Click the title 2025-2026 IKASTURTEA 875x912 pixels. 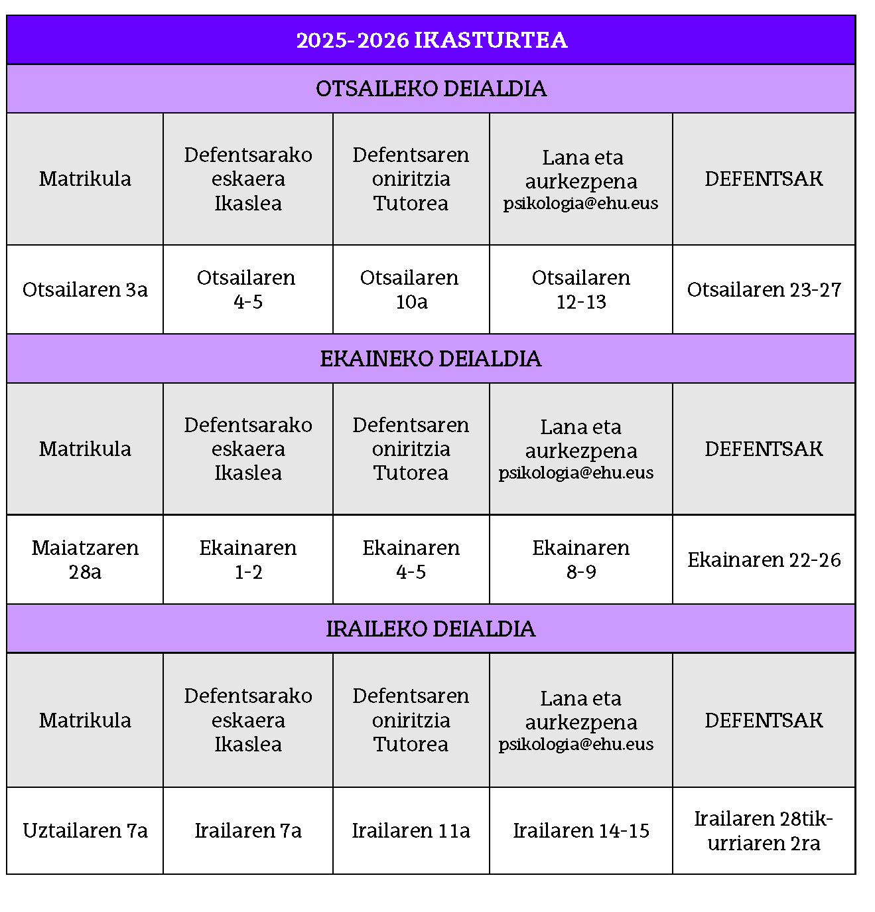(431, 40)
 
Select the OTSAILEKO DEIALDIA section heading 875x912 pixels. (431, 88)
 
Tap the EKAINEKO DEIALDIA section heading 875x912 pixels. (431, 358)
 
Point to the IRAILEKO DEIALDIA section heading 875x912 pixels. (431, 629)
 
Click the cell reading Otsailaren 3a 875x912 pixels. (85, 289)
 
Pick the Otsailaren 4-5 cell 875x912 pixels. (247, 289)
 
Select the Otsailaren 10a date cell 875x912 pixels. (411, 289)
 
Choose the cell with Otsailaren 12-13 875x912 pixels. (581, 289)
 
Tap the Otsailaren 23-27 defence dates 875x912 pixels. (764, 289)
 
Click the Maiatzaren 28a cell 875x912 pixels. (85, 560)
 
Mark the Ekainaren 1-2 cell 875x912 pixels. (247, 560)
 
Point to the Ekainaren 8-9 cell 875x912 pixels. (581, 560)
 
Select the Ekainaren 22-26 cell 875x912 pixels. (764, 560)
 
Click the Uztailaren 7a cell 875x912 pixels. (85, 830)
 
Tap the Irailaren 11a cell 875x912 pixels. (411, 830)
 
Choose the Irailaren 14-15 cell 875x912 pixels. (581, 830)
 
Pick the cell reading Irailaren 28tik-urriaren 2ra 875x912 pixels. (764, 830)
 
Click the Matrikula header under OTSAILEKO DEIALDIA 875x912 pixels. (85, 179)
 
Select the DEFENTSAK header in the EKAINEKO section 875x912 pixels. (764, 449)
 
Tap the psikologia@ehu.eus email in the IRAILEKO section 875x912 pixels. (576, 744)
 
